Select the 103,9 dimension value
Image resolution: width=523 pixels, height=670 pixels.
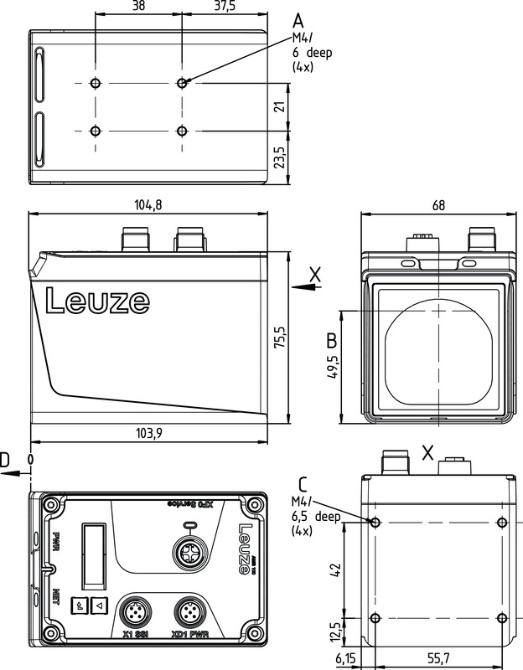click(148, 433)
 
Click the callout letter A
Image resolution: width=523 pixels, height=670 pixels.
click(299, 19)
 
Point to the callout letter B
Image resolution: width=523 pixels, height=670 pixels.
click(331, 341)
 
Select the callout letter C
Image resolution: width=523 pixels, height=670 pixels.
click(302, 485)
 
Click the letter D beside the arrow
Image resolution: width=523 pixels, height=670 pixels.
click(6, 460)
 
